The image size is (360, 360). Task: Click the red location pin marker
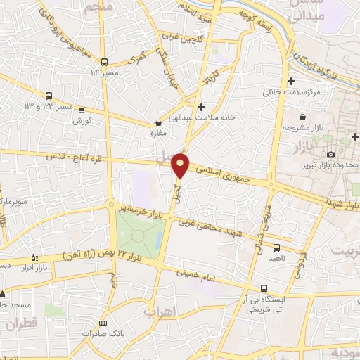(181, 165)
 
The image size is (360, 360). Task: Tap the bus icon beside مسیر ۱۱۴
(104, 62)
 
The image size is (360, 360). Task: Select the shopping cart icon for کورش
(82, 110)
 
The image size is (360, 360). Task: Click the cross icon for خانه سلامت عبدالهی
(202, 108)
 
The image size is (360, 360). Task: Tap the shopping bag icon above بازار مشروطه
(302, 117)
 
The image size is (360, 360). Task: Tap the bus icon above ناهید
(276, 247)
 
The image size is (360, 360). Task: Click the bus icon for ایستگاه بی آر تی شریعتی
(264, 288)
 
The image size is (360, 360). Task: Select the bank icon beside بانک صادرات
(103, 323)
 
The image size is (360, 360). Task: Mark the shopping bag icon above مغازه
(157, 122)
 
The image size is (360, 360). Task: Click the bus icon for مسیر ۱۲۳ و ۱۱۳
(49, 96)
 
